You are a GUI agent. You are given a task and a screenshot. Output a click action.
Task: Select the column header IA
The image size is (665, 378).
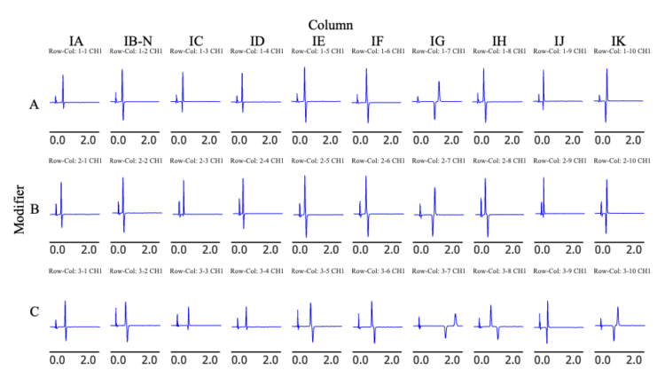77,40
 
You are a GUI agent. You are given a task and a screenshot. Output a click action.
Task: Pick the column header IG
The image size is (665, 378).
439,40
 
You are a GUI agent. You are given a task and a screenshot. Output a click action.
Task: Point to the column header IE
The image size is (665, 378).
318,40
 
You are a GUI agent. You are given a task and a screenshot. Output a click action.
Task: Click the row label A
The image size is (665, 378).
34,105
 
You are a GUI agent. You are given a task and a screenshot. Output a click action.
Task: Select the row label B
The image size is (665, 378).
34,211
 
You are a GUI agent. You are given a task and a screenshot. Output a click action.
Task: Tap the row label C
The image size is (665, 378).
34,312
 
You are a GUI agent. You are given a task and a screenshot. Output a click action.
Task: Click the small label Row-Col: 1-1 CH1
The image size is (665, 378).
75,51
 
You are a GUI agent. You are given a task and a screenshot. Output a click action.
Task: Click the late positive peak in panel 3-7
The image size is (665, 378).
455,316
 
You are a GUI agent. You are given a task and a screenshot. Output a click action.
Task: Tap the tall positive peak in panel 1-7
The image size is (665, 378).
436,83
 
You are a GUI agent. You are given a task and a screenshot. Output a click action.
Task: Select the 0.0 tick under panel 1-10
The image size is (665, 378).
600,140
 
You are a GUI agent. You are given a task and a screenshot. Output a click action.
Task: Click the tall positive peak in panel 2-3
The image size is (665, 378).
184,185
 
